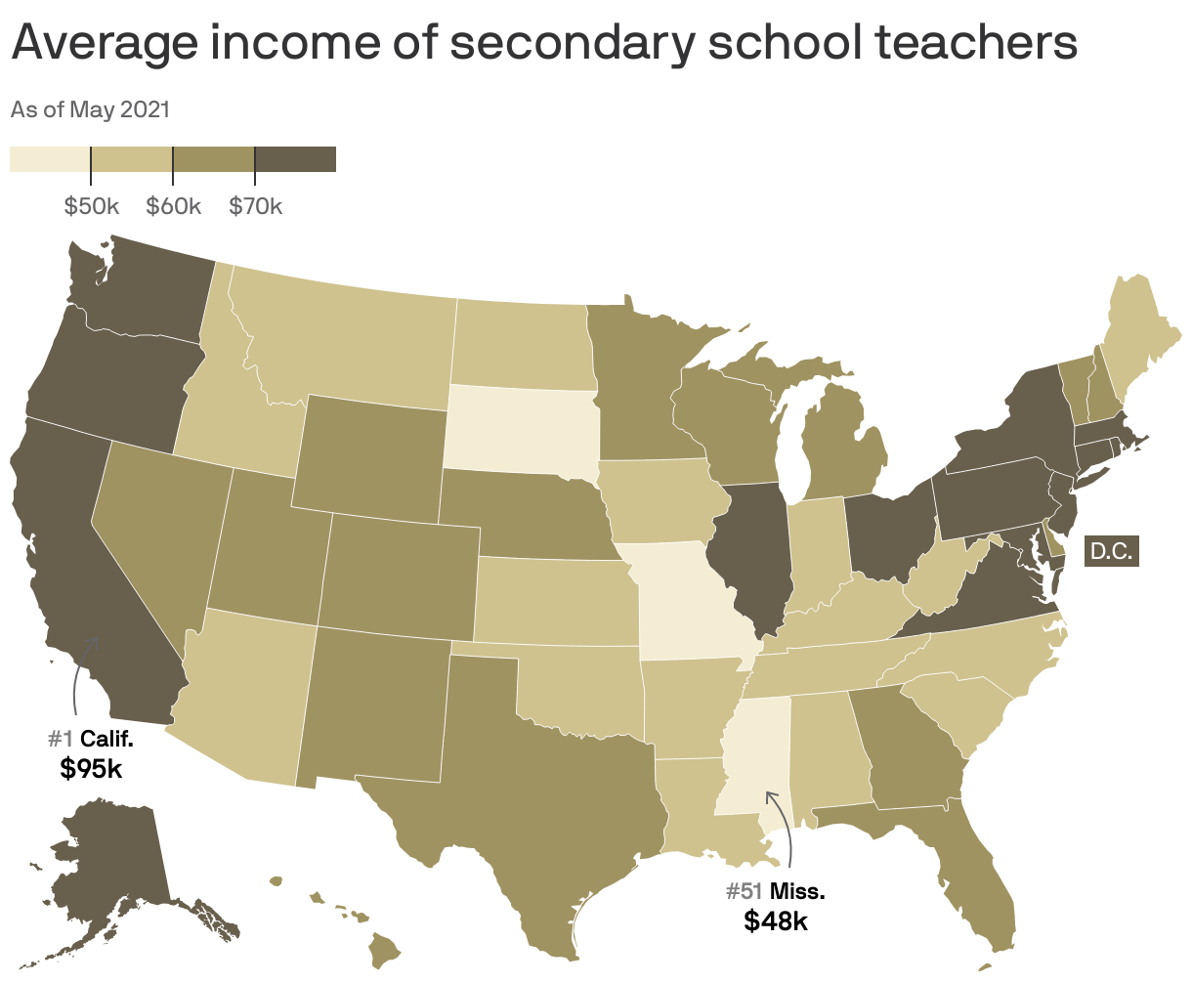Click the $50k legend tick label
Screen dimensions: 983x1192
tap(91, 206)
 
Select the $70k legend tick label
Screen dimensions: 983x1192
tap(255, 206)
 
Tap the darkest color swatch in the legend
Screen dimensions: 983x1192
tap(295, 159)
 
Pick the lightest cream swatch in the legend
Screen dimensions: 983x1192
tap(50, 159)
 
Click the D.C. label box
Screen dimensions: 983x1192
tap(1112, 552)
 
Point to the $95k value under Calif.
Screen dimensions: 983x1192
tap(91, 768)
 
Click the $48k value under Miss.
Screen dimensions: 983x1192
tap(776, 920)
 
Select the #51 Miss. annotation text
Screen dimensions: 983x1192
tap(776, 891)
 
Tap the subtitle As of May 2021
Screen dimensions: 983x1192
tap(90, 109)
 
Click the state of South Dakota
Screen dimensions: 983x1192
tap(518, 430)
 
